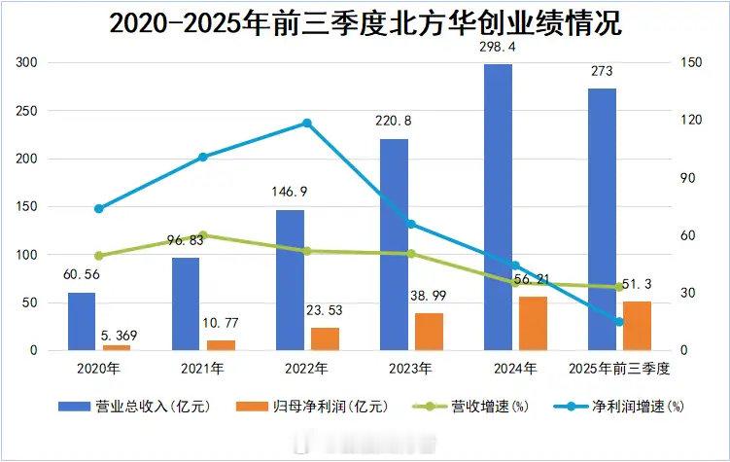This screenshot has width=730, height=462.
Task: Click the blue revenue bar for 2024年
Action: [499, 207]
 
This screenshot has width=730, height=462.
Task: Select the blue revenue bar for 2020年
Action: [82, 321]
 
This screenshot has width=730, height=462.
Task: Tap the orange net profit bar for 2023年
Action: [429, 332]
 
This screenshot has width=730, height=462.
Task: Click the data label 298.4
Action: [499, 46]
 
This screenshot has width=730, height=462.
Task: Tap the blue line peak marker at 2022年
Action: [307, 123]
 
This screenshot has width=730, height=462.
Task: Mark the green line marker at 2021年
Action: [203, 235]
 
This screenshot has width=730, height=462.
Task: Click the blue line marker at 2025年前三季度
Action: [618, 321]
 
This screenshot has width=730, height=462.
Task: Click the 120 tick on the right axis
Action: [688, 120]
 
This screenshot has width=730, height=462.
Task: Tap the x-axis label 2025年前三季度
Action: [620, 369]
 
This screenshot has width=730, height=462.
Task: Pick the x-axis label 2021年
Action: [203, 369]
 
